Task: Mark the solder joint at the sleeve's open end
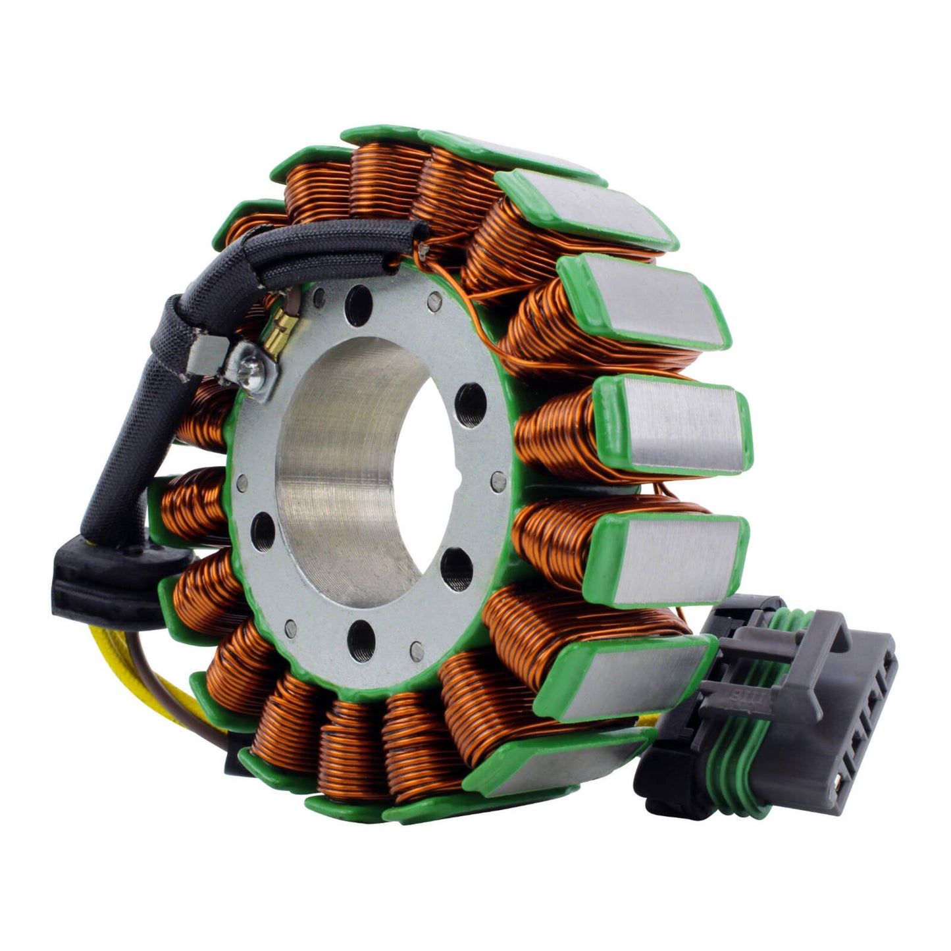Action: [426, 249]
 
